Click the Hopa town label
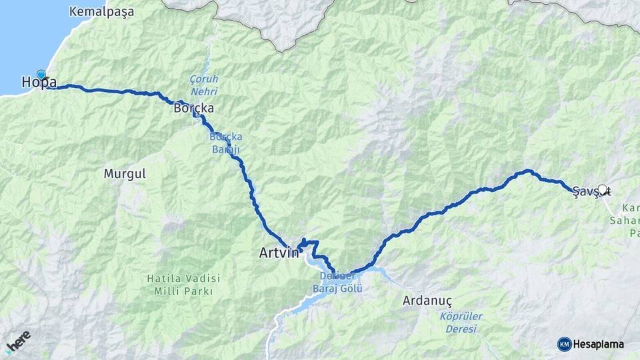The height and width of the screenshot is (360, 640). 39,83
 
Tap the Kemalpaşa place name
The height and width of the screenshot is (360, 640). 101,12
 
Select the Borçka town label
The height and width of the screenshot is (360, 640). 193,107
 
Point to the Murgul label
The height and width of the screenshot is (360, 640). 125,173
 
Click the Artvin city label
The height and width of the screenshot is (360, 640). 279,253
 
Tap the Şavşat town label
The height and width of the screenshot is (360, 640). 591,192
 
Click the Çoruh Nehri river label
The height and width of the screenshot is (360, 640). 204,85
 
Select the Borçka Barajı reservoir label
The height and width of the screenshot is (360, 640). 224,142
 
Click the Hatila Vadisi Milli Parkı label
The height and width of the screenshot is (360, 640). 183,285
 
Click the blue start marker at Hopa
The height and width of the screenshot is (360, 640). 41,75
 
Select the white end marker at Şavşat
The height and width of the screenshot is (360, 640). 602,189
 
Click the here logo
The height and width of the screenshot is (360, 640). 17,342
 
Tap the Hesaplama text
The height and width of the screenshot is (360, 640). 599,344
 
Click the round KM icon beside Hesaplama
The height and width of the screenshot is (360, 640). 564,344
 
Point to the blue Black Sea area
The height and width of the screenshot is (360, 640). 27,33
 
